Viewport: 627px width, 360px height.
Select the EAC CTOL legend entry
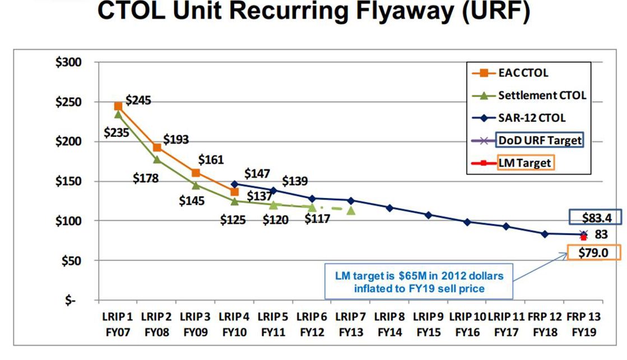tap(522, 73)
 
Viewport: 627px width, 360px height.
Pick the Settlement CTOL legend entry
tap(542, 95)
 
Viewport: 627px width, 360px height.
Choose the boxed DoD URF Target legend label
tap(540, 140)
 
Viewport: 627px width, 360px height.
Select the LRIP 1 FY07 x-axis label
tap(118, 325)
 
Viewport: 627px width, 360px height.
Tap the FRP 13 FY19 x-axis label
tap(584, 325)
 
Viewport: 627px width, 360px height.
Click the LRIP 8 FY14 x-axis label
tap(389, 325)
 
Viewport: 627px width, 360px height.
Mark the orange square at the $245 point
tap(118, 106)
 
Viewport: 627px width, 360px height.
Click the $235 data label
tap(116, 133)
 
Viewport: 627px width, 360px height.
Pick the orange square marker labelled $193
tap(157, 147)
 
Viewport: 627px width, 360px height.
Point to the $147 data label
tap(258, 174)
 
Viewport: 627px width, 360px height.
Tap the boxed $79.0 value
tap(593, 253)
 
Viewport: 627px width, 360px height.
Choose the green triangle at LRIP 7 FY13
tap(351, 210)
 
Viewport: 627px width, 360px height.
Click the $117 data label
tap(317, 219)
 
